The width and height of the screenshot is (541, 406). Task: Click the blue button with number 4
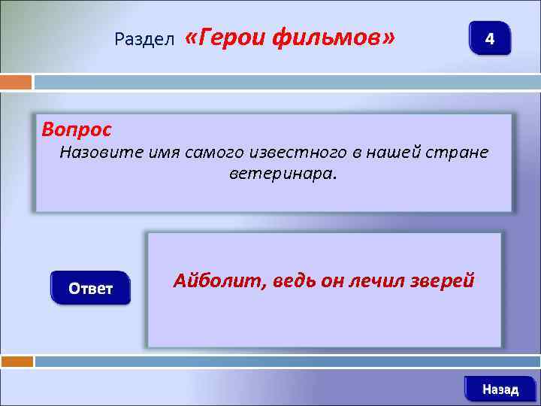click(x=489, y=38)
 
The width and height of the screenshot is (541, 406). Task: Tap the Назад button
click(x=500, y=389)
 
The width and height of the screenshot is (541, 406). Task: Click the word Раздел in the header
click(x=145, y=38)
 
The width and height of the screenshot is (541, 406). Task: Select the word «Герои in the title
click(x=224, y=37)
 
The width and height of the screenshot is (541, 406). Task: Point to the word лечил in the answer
click(x=369, y=281)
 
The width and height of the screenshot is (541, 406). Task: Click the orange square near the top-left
click(x=16, y=82)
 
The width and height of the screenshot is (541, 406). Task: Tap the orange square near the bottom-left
click(x=16, y=362)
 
